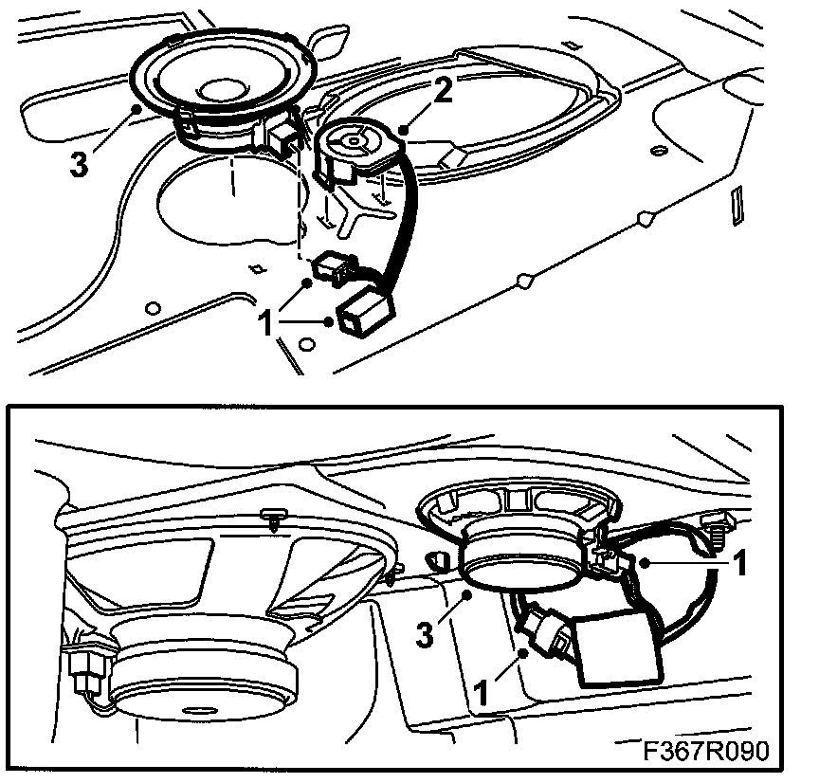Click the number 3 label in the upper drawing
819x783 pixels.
tap(80, 163)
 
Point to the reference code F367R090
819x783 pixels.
tap(704, 751)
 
